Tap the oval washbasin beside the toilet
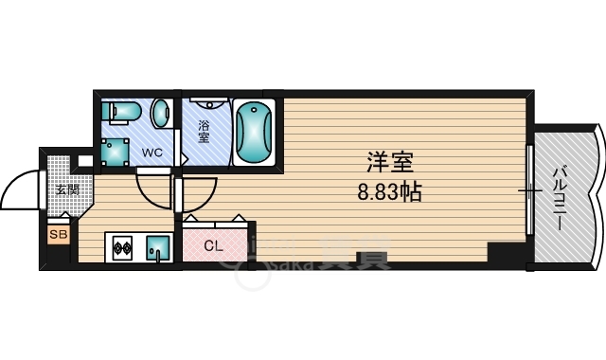[161, 113]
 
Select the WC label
[151, 152]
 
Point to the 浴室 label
[204, 131]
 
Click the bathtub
[253, 132]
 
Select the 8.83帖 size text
[389, 191]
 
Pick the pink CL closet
[217, 244]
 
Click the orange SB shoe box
[58, 232]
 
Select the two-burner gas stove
[122, 249]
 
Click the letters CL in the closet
[213, 245]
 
